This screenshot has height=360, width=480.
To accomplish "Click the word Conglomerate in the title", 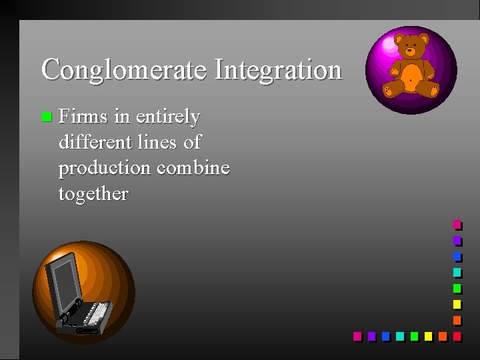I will pos(125,70).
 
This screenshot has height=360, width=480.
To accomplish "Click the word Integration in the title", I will pos(278,70).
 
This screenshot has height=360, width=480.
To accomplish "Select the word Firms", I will pos(83,117).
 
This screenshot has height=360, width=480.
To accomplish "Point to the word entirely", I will pos(167,117).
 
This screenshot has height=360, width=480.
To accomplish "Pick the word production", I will pos(105,168).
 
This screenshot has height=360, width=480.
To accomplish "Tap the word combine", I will pos(193,168).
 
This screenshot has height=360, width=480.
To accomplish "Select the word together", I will pos(93,194).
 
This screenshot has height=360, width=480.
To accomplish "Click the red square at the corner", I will pos(457,336).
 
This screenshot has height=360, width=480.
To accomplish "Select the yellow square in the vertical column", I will pos(457,304).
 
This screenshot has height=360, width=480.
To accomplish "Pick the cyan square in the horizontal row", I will pos(399,336).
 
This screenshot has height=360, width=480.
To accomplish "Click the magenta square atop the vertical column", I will pos(457,224).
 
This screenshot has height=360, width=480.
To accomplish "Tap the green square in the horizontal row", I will pos(413,336).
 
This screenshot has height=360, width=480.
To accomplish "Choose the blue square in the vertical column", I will pos(457,256).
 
